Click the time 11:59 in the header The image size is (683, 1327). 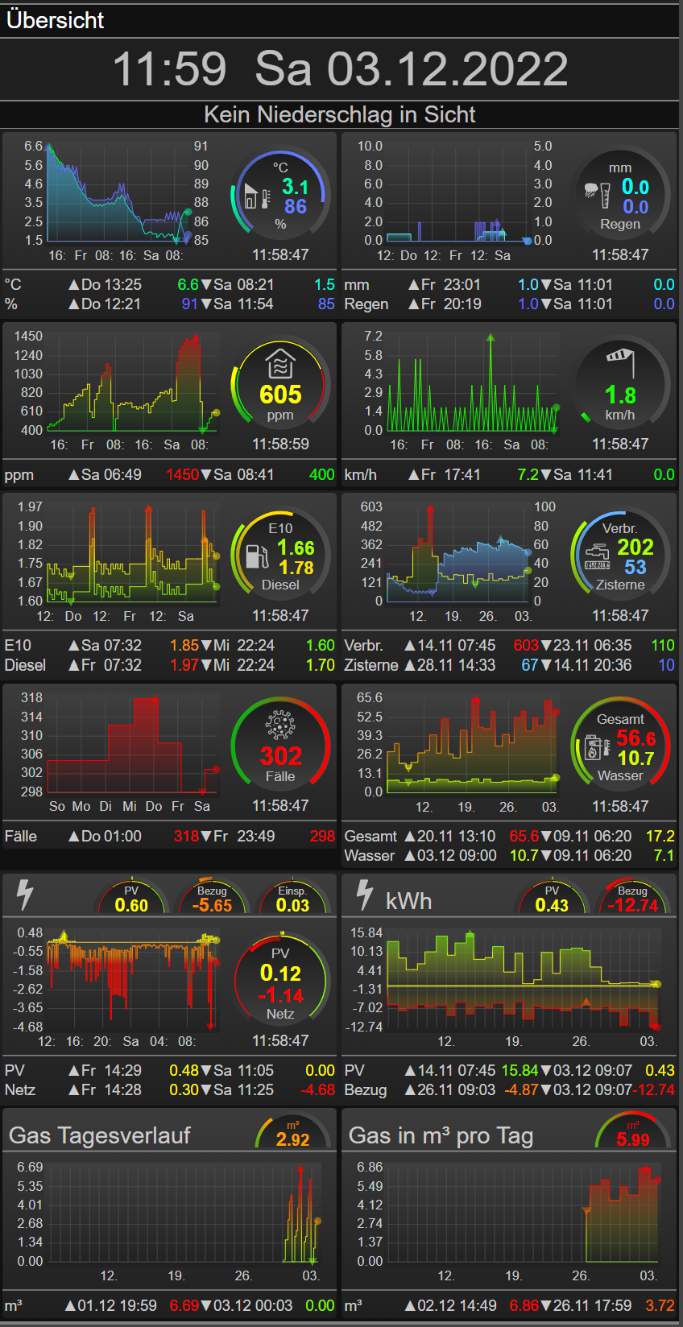pyautogui.click(x=169, y=68)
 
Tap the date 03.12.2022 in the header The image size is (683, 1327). pyautogui.click(x=447, y=68)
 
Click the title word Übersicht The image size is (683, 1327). pyautogui.click(x=56, y=20)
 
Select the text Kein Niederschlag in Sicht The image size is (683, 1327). pyautogui.click(x=340, y=114)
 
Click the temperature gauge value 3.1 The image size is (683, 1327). pyautogui.click(x=295, y=187)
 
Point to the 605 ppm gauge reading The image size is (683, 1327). pyautogui.click(x=280, y=395)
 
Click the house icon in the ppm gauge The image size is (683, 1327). pyautogui.click(x=280, y=363)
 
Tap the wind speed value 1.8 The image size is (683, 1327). pyautogui.click(x=620, y=395)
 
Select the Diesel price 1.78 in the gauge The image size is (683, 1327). pyautogui.click(x=296, y=568)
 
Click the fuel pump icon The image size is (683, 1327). pyautogui.click(x=257, y=556)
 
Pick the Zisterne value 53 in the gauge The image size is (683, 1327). pyautogui.click(x=635, y=567)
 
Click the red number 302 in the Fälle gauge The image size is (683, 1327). pyautogui.click(x=280, y=756)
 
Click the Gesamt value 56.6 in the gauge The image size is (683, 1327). pyautogui.click(x=635, y=738)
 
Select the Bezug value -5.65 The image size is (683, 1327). pyautogui.click(x=212, y=905)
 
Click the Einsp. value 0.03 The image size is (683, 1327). pyautogui.click(x=292, y=905)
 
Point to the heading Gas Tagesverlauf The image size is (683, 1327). pyautogui.click(x=100, y=1135)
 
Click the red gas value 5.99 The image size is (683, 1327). pyautogui.click(x=632, y=1139)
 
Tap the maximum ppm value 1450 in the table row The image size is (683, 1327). pyautogui.click(x=182, y=474)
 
